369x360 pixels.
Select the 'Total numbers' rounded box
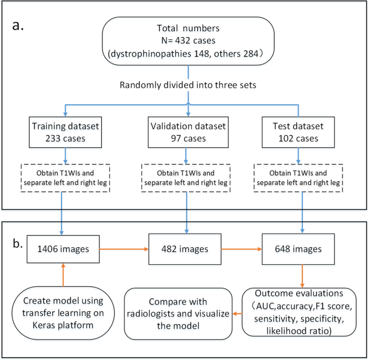pos(188,43)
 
